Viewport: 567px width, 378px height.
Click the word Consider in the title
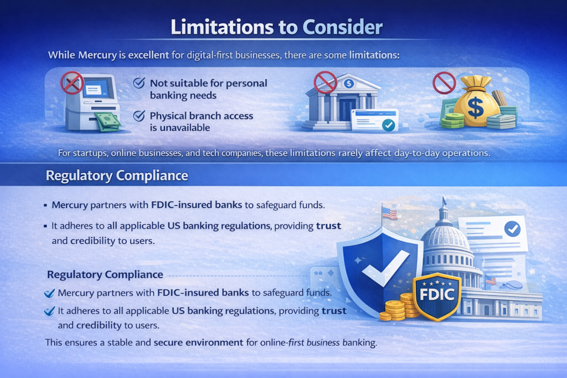coord(342,27)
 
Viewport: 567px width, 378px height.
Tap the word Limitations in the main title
coord(221,27)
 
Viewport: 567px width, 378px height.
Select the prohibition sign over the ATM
coord(73,83)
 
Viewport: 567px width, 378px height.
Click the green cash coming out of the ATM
coord(107,122)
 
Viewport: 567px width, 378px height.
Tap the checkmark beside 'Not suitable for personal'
coord(139,83)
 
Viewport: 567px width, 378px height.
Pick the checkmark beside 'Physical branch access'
coord(139,116)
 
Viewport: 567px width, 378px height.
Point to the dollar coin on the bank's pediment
coord(349,84)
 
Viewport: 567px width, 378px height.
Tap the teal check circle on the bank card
coord(388,125)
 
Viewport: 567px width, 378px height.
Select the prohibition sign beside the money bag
coord(444,83)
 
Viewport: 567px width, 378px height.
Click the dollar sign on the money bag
coord(475,107)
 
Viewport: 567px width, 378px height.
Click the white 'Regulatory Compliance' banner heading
coord(117,175)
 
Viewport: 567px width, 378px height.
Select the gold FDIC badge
coord(437,296)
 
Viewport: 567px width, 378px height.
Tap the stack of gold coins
coord(400,308)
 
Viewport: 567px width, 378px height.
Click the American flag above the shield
coord(389,214)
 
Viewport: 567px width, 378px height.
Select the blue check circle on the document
coord(512,229)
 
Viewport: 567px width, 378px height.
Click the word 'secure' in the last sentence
coord(168,342)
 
